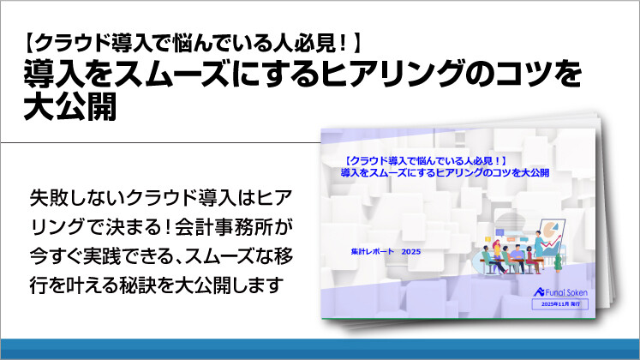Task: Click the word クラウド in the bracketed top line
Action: click(x=76, y=43)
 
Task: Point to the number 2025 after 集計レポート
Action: click(x=415, y=250)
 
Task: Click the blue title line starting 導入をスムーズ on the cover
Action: click(x=444, y=172)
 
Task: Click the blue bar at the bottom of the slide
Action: click(x=320, y=349)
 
